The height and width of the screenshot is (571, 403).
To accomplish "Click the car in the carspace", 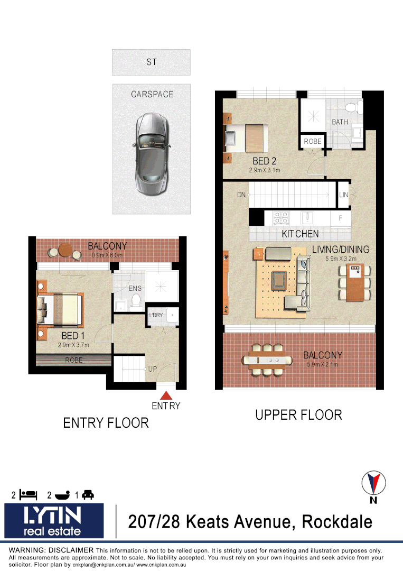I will (151, 154).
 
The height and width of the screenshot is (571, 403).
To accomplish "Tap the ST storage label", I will (152, 62).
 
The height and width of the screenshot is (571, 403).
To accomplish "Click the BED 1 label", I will (73, 336).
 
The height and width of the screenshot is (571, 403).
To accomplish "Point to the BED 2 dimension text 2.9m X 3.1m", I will (264, 171).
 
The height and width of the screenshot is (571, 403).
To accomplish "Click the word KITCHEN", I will (300, 234).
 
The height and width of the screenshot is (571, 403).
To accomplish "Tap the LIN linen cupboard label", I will (344, 195).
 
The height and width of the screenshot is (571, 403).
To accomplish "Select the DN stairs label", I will (241, 195).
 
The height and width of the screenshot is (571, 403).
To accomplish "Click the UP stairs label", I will (153, 369).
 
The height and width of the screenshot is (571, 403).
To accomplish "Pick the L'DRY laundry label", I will (156, 315).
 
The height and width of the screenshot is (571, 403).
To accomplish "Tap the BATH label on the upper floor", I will (340, 122).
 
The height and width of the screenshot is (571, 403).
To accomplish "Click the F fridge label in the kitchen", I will (340, 217).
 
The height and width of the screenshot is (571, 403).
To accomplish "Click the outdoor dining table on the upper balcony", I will (267, 360).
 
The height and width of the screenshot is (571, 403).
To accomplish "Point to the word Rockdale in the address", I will (336, 522).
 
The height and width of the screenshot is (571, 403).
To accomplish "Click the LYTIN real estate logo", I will (54, 520).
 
